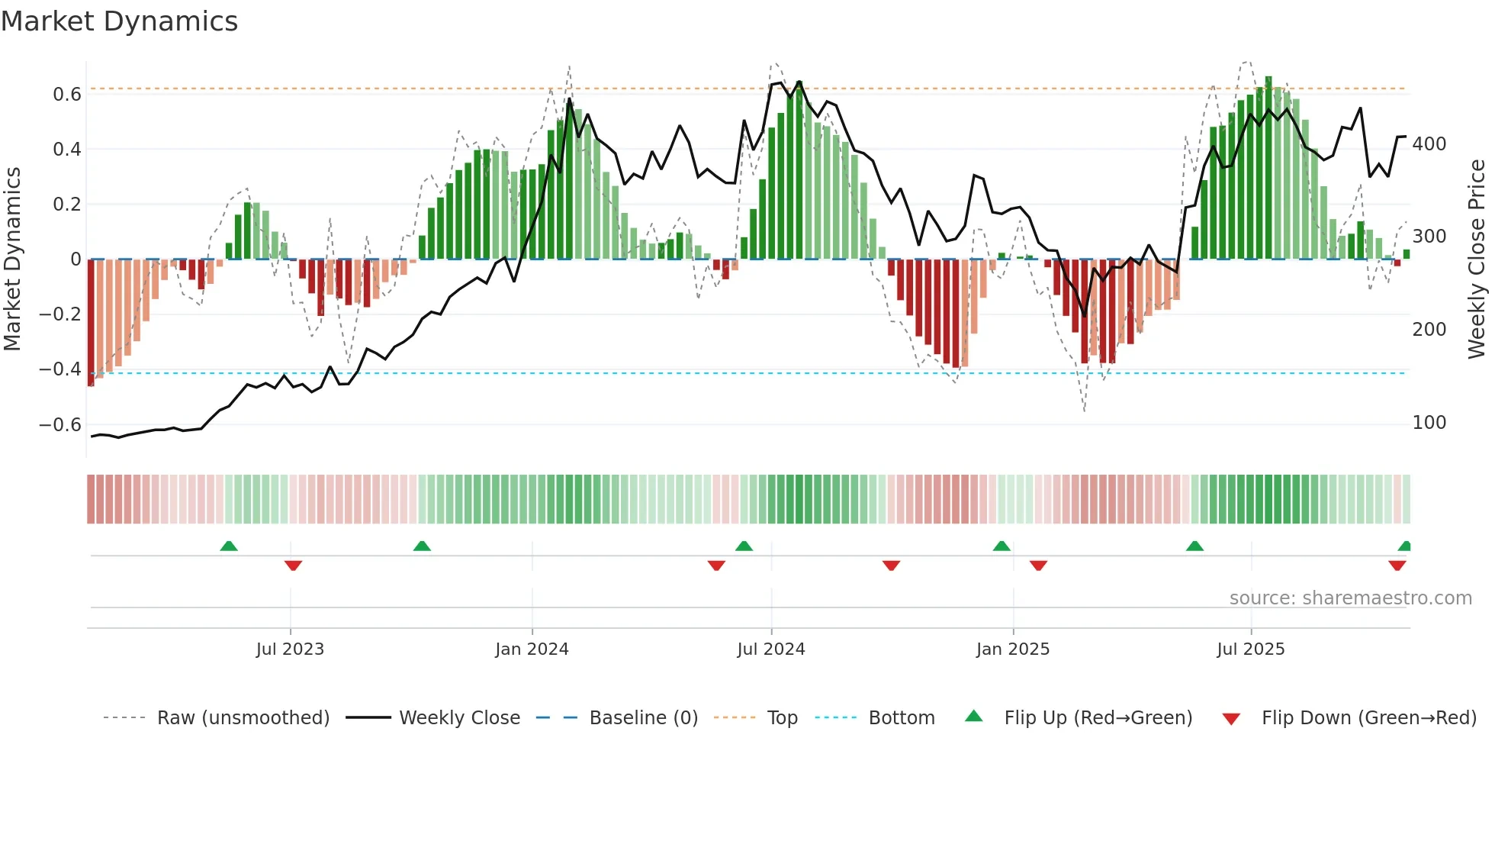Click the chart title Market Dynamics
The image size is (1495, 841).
tap(119, 21)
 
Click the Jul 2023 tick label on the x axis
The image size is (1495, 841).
tap(290, 649)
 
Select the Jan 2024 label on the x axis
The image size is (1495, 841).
tap(532, 649)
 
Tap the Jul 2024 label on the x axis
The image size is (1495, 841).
tap(770, 649)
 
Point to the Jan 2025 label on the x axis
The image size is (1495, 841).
tap(1012, 649)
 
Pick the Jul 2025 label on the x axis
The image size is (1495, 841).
tap(1250, 649)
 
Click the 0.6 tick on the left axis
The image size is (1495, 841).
tap(67, 95)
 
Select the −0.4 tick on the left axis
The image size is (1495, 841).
tap(60, 369)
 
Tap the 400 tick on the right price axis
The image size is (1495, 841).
tap(1429, 144)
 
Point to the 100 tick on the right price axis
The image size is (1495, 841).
tap(1429, 423)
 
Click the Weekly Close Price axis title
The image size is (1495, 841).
tap(1477, 259)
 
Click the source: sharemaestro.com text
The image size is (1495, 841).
tap(1350, 598)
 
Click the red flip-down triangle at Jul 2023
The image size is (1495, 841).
tap(293, 565)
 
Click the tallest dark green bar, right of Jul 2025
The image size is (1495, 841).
tap(1268, 168)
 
